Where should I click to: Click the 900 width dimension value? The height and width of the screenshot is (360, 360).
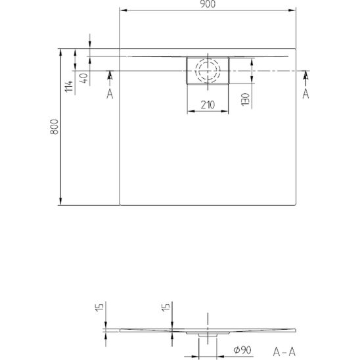(x=208, y=4)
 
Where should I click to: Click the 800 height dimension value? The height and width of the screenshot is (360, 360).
(x=55, y=127)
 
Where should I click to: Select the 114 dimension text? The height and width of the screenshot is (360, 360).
(x=69, y=86)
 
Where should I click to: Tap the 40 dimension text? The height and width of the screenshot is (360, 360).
(x=84, y=78)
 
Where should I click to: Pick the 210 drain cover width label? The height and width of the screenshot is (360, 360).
(x=208, y=105)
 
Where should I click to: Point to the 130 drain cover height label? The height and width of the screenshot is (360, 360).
(x=246, y=99)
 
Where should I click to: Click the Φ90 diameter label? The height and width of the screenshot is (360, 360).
(x=242, y=350)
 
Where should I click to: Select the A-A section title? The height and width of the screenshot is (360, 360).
(x=284, y=351)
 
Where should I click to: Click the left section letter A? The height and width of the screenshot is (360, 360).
(x=110, y=94)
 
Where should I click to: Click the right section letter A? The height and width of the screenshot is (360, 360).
(x=305, y=94)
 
